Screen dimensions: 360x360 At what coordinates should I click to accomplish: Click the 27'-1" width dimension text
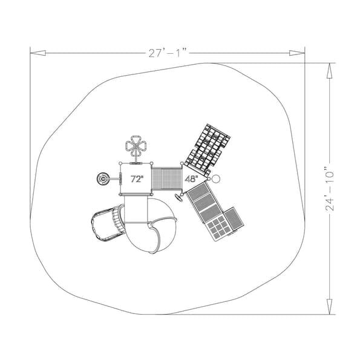(167, 53)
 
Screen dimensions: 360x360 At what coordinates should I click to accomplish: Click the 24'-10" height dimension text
(330, 189)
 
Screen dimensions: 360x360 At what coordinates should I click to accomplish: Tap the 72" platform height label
(137, 179)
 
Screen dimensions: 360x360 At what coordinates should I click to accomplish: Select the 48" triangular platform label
(191, 179)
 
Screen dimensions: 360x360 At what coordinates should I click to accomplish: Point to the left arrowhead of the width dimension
(38, 53)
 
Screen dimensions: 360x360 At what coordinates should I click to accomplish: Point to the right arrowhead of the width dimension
(297, 53)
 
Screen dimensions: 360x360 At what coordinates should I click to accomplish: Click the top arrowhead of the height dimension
(330, 71)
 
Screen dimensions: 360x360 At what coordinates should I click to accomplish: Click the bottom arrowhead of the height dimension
(330, 307)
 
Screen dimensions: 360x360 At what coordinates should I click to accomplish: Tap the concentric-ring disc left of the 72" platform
(103, 178)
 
